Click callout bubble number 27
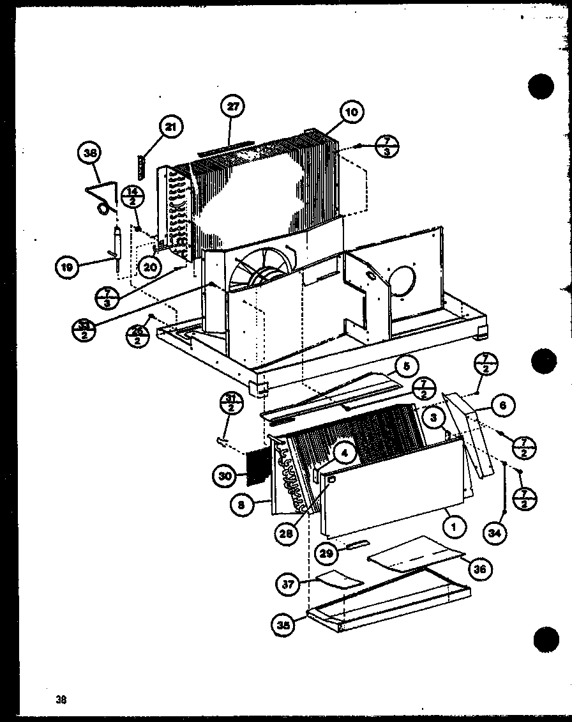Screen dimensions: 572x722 pyautogui.click(x=233, y=107)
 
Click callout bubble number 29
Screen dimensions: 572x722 pyautogui.click(x=327, y=553)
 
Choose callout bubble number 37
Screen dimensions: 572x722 pyautogui.click(x=289, y=583)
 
